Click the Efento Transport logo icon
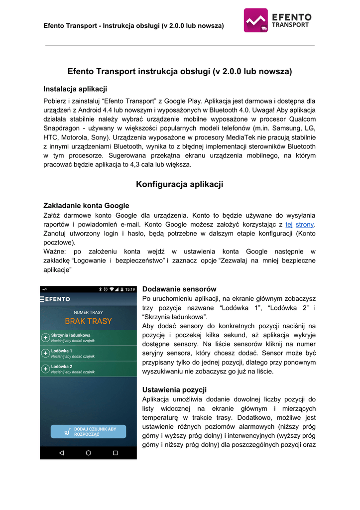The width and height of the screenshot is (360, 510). (x=256, y=20)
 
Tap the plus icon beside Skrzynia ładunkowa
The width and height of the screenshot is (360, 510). (x=45, y=338)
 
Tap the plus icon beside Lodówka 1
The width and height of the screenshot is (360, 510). (x=45, y=353)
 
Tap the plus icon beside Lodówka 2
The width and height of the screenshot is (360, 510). (x=45, y=369)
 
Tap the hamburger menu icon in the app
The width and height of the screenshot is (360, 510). (x=42, y=299)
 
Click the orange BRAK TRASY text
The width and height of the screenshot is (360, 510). (x=88, y=321)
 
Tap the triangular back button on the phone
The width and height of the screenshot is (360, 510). (x=62, y=453)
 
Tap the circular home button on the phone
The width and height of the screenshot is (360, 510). (x=88, y=453)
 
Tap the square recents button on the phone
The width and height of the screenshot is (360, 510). (x=115, y=453)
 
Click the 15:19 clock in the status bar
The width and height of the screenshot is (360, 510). (x=129, y=289)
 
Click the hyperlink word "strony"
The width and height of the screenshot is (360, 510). (x=305, y=224)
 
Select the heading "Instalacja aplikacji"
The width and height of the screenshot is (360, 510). (x=75, y=89)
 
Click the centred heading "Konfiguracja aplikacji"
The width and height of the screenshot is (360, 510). (x=179, y=184)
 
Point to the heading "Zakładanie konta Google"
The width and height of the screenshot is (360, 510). (x=86, y=205)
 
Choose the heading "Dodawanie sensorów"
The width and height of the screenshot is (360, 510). (x=179, y=289)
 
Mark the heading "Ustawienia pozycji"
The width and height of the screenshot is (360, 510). (x=174, y=389)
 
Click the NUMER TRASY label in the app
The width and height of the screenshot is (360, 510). (x=88, y=312)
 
